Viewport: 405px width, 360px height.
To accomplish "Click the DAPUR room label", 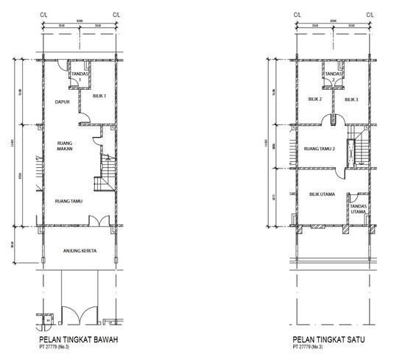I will (x=63, y=102).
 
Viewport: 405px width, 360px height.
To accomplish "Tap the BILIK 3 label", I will (x=351, y=99).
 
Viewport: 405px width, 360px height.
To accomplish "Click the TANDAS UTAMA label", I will (x=359, y=208).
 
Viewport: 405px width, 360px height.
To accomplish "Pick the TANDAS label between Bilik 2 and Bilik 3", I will (x=334, y=75).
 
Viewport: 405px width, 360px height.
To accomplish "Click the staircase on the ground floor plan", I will (x=105, y=173).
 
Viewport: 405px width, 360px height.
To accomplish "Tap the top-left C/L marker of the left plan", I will (x=43, y=15).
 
